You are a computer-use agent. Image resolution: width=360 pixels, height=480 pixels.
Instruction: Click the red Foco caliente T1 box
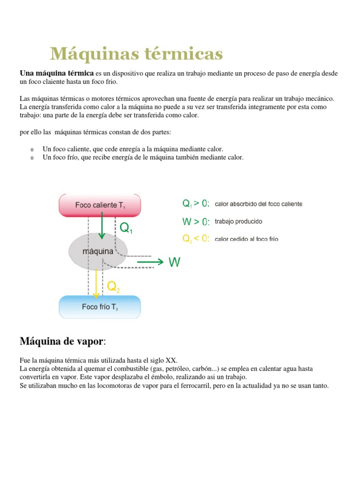[99, 205]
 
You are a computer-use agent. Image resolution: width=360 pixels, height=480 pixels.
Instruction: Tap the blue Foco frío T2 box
[99, 307]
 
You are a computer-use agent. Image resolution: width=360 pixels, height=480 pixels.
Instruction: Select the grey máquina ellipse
[98, 251]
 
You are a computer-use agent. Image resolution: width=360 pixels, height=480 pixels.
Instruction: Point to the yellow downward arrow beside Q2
[96, 283]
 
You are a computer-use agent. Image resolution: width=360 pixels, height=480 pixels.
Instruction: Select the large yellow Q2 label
[114, 286]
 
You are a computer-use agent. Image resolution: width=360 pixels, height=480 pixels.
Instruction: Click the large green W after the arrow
[174, 262]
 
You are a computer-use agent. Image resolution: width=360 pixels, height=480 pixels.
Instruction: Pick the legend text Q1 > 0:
[196, 204]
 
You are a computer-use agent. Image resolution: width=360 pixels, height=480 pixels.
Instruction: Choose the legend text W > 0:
[196, 221]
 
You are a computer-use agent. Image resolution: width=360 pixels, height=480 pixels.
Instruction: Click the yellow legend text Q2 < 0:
[196, 239]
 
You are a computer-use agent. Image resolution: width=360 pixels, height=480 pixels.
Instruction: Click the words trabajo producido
[238, 221]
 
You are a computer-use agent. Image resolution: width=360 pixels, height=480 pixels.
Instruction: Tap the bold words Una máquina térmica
[56, 74]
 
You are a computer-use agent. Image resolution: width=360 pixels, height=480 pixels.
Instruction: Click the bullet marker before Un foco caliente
[31, 150]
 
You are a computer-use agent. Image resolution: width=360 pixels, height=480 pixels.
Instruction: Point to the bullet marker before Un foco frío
[31, 158]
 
